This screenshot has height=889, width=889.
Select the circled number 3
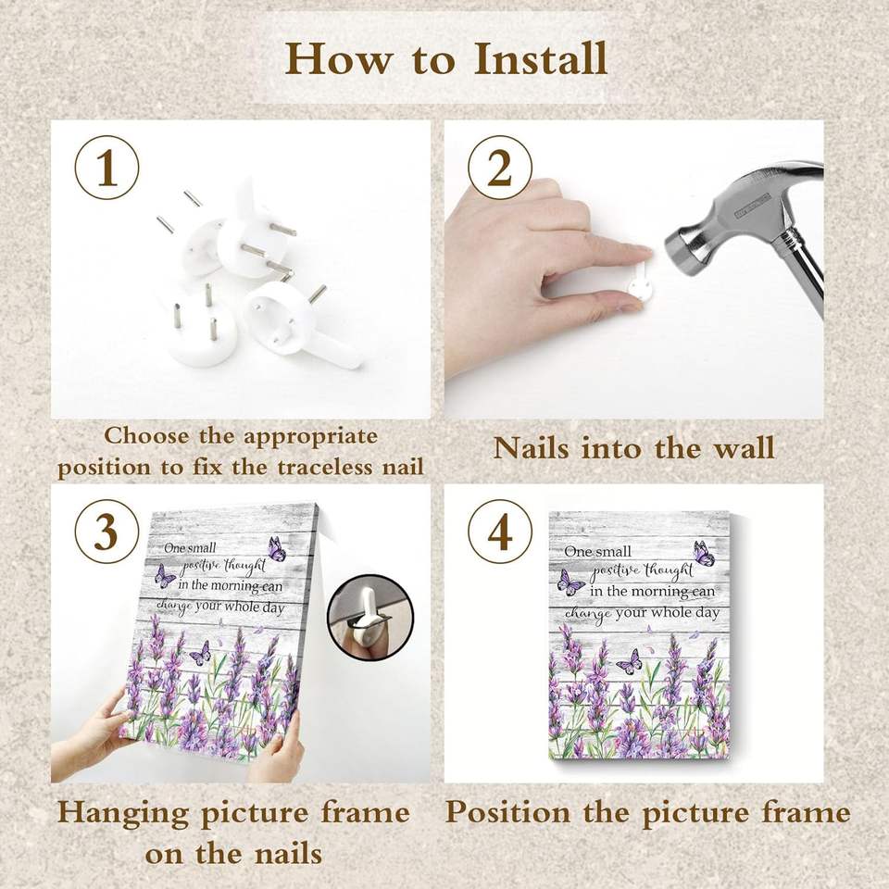point(107,532)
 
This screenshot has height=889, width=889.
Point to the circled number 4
point(500,532)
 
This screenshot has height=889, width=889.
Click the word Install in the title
point(540,57)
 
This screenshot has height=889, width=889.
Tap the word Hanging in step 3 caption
point(123,813)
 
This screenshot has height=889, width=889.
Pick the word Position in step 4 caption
point(508,812)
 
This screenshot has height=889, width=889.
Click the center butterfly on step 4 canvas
point(629,660)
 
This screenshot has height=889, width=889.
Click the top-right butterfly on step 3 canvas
point(277,548)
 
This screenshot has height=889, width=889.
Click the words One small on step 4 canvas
point(597,550)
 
